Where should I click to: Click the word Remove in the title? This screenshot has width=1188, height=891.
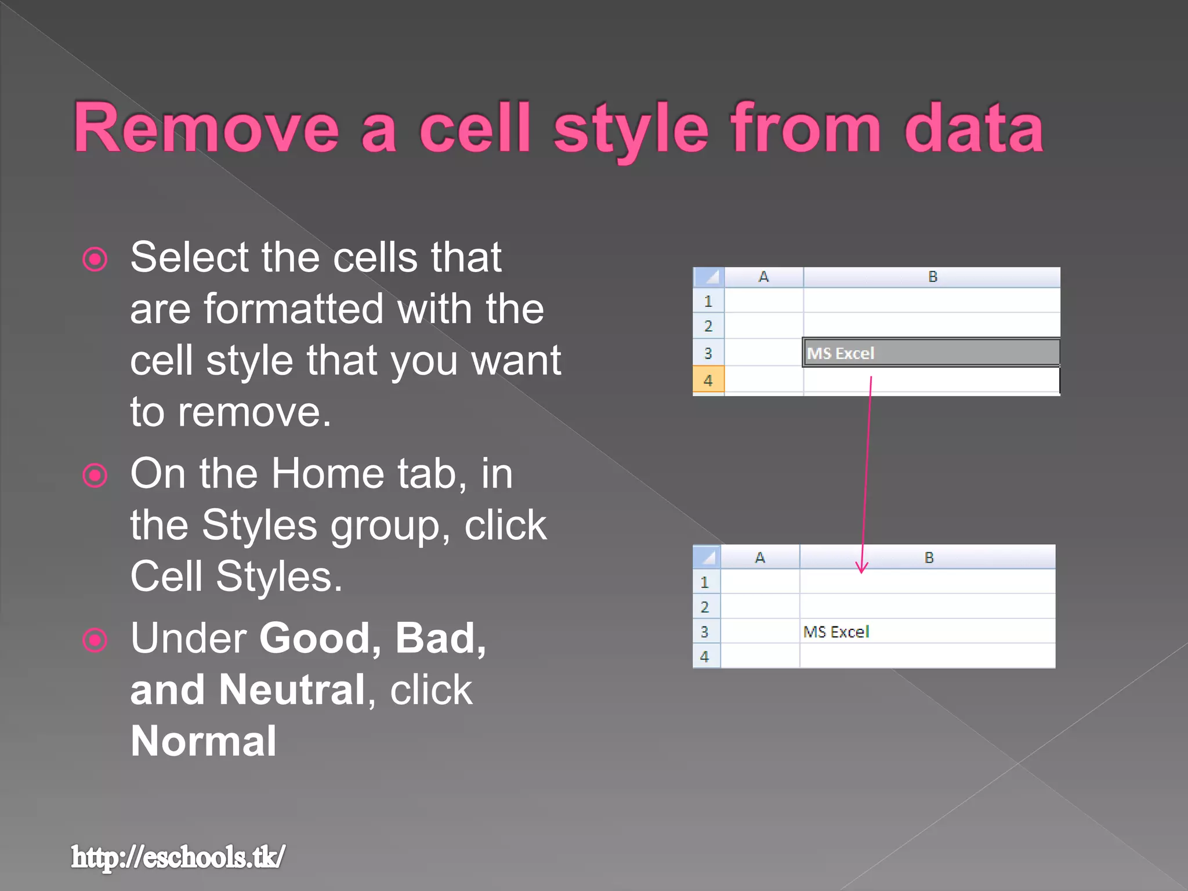(x=206, y=128)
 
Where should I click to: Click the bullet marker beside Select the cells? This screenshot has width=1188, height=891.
(x=95, y=259)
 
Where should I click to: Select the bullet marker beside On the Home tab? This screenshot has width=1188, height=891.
(x=95, y=476)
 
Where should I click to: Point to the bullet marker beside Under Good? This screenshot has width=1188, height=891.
(x=95, y=640)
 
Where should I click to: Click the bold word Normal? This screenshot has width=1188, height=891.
(x=204, y=741)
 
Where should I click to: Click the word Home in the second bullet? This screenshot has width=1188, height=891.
(x=328, y=474)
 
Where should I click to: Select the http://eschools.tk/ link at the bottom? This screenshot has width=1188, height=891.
(x=178, y=857)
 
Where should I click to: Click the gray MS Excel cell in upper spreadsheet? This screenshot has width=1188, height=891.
(x=930, y=353)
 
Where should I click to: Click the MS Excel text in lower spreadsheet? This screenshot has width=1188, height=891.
(x=836, y=632)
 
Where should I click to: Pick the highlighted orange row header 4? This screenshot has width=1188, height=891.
(x=708, y=381)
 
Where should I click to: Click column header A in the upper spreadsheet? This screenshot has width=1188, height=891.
(x=763, y=277)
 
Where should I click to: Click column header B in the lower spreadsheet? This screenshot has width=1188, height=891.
(x=929, y=557)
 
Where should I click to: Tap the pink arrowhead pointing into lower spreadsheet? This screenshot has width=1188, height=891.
(x=862, y=568)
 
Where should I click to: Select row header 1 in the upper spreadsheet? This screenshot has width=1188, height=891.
(x=708, y=301)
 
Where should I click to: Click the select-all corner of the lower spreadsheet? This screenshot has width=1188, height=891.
(x=707, y=557)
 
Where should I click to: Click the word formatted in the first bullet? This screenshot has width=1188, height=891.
(x=294, y=309)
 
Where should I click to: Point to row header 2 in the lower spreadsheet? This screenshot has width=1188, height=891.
(x=705, y=607)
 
